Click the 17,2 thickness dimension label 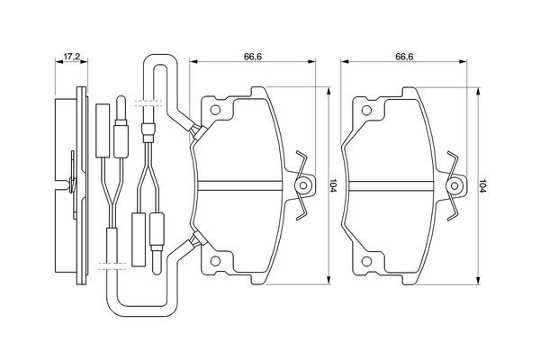click(72, 57)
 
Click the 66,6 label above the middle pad click(253, 57)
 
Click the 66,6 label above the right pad click(404, 57)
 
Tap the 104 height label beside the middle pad click(333, 185)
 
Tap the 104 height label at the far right click(482, 185)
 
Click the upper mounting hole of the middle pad click(215, 110)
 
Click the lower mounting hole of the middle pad click(215, 261)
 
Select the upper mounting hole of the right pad click(366, 110)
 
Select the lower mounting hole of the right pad click(366, 262)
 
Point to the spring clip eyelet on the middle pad click(303, 185)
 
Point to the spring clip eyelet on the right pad click(454, 186)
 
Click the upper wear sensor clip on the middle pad click(199, 132)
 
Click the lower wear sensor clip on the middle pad click(199, 239)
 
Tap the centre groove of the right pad click(391, 185)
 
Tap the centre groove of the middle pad click(240, 185)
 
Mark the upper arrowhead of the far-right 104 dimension click(478, 91)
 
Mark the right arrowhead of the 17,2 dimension click(84, 62)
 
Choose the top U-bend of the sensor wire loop click(160, 60)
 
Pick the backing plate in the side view click(81, 185)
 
